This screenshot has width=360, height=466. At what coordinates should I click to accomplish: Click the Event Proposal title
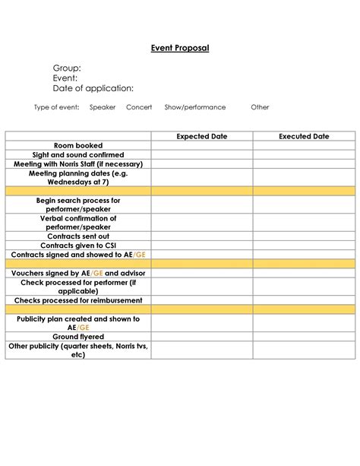(179, 48)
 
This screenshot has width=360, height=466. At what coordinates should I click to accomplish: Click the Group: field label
(67, 68)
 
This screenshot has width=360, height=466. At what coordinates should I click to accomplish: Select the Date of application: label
(93, 88)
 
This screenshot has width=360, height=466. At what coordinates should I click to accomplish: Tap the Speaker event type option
(103, 107)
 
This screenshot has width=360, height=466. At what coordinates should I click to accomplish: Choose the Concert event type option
(140, 107)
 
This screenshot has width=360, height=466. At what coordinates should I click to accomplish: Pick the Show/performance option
(189, 107)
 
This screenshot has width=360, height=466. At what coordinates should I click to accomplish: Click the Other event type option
(260, 107)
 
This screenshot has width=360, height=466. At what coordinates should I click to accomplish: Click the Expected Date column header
(202, 137)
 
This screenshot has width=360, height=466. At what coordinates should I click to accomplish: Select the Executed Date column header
(304, 137)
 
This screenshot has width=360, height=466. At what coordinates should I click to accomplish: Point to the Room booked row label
(78, 145)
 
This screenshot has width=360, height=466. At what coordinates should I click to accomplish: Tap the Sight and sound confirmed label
(78, 154)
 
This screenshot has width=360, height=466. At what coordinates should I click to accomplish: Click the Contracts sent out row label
(78, 236)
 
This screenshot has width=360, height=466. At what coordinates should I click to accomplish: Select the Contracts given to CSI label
(78, 246)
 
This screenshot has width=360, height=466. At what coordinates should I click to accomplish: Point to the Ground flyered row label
(78, 337)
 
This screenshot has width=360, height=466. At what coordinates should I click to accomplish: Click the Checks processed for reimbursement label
(78, 300)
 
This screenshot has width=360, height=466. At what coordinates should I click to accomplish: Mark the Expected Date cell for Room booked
(202, 145)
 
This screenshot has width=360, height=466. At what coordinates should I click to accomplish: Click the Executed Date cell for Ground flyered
(304, 337)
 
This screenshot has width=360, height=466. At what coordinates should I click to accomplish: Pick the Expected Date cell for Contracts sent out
(202, 236)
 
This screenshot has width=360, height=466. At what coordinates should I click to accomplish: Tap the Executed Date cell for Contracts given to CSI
(304, 246)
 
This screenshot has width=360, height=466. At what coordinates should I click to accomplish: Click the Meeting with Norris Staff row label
(78, 163)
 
